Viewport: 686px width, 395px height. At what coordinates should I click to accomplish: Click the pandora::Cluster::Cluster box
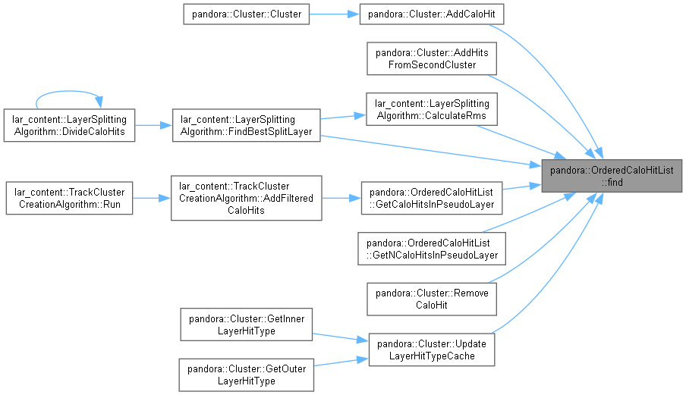(247, 14)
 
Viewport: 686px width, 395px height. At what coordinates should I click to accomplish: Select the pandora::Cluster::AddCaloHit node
(431, 14)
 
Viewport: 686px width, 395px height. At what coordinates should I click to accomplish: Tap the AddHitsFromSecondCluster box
(432, 58)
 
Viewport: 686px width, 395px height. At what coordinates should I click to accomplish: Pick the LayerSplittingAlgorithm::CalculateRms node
(432, 109)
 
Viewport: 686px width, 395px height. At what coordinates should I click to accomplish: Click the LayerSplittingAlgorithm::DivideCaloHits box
(69, 125)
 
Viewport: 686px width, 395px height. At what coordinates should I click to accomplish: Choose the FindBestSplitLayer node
(247, 125)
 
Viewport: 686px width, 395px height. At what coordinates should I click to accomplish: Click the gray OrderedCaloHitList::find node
(612, 176)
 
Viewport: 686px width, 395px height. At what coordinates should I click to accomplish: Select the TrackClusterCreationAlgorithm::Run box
(69, 198)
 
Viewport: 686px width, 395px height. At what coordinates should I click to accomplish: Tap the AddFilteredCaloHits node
(247, 198)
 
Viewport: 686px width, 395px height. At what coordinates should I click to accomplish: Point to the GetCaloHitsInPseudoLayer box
(432, 198)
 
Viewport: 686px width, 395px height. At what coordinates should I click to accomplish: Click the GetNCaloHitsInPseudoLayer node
(432, 249)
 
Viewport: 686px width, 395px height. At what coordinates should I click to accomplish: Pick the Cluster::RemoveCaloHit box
(432, 299)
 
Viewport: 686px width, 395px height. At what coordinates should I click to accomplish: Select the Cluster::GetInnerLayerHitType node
(247, 324)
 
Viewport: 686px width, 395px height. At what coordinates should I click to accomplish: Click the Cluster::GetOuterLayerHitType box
(247, 375)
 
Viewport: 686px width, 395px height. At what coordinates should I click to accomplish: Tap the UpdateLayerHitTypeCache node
(432, 350)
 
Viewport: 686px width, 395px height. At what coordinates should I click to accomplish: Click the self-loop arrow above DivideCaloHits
(68, 91)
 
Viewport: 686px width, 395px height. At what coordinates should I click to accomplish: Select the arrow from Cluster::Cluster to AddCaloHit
(334, 14)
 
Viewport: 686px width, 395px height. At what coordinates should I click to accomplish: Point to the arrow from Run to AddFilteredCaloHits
(152, 198)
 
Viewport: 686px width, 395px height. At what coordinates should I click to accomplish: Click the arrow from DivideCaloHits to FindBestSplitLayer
(153, 125)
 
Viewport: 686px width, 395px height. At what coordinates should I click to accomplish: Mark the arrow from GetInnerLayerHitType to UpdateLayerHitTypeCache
(341, 337)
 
